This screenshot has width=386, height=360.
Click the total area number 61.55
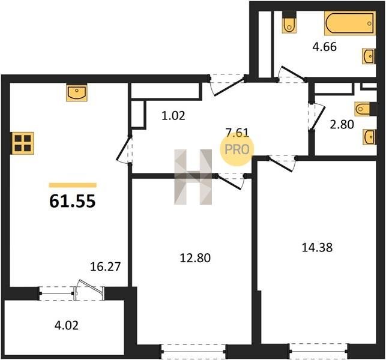73,201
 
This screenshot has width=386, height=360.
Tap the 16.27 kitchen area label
106,266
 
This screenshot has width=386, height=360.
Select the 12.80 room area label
195,258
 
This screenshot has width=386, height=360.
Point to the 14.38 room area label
317,247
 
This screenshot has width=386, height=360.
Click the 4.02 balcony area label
67,325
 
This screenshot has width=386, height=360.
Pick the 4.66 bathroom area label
324,47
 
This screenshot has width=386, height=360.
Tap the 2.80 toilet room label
342,124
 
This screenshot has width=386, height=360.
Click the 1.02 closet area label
173,115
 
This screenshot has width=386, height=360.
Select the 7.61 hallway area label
237,133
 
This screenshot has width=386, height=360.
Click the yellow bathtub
350,23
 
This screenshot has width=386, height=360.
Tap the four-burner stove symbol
23,143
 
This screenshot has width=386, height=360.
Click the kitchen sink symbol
77,92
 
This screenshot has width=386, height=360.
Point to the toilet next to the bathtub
289,22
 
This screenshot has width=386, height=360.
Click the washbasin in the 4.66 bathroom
369,56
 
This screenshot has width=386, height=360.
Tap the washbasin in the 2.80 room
370,137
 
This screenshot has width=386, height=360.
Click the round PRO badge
237,149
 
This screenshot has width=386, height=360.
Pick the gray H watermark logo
193,177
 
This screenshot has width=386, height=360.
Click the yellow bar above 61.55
73,185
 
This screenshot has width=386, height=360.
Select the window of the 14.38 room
319,352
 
